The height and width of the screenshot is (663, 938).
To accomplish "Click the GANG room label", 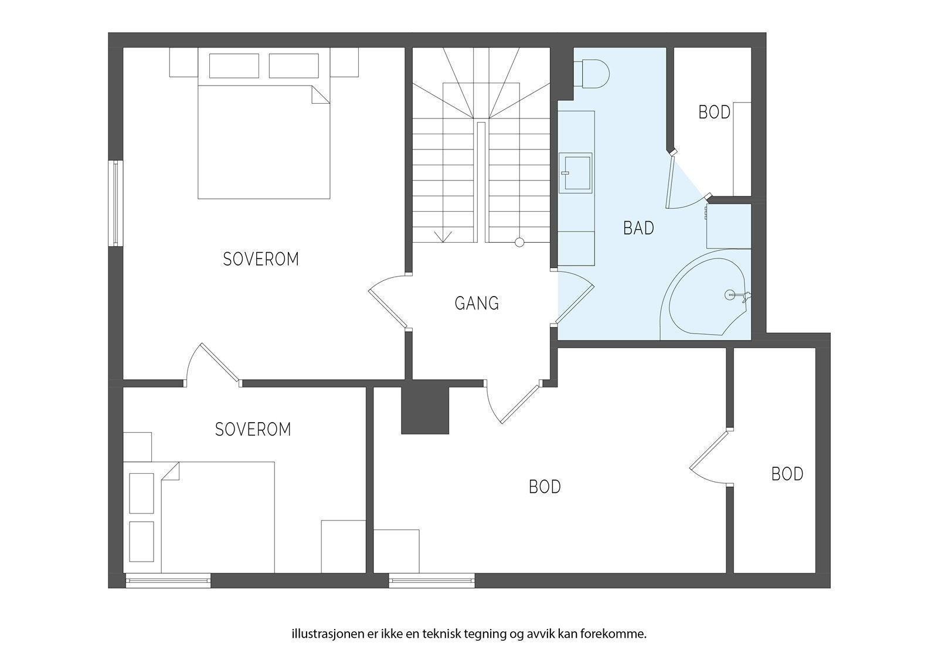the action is [477, 303].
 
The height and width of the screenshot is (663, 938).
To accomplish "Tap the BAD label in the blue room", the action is [638, 228].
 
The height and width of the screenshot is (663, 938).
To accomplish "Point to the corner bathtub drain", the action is [729, 294].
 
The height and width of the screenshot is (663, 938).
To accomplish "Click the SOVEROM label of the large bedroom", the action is [261, 259].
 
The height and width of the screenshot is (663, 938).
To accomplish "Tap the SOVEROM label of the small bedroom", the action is [253, 429].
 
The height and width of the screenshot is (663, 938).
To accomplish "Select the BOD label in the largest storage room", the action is [545, 487].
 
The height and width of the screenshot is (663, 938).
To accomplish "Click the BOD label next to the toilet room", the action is [715, 112].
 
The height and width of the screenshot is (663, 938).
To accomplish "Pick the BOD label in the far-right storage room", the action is [787, 474].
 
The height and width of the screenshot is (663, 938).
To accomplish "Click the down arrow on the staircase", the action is [443, 237].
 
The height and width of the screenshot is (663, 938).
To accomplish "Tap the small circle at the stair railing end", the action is [519, 242].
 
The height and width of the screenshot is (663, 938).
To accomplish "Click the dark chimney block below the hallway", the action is [425, 410].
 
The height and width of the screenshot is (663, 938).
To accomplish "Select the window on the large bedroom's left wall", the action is [116, 203].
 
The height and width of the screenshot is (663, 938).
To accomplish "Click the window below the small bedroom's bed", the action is [168, 580].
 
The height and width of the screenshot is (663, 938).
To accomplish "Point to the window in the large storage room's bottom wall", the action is [431, 580].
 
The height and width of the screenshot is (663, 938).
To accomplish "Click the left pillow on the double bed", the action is [234, 66].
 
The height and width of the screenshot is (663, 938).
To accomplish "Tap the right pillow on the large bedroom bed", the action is [294, 66].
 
